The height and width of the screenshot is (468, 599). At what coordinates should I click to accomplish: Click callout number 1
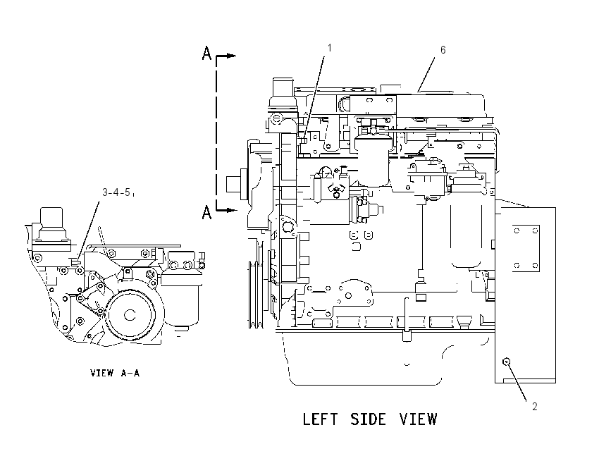click(x=329, y=48)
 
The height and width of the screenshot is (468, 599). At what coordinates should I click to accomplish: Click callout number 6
click(x=443, y=49)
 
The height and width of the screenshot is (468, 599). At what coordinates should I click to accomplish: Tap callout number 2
click(x=535, y=407)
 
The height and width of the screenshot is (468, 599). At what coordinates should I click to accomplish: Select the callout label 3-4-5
click(x=116, y=192)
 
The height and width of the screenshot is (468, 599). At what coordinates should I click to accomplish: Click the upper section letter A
click(x=206, y=53)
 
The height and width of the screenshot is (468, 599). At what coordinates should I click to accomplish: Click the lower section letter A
click(x=206, y=212)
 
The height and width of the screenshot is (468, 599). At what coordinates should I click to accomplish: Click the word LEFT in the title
click(x=320, y=419)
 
